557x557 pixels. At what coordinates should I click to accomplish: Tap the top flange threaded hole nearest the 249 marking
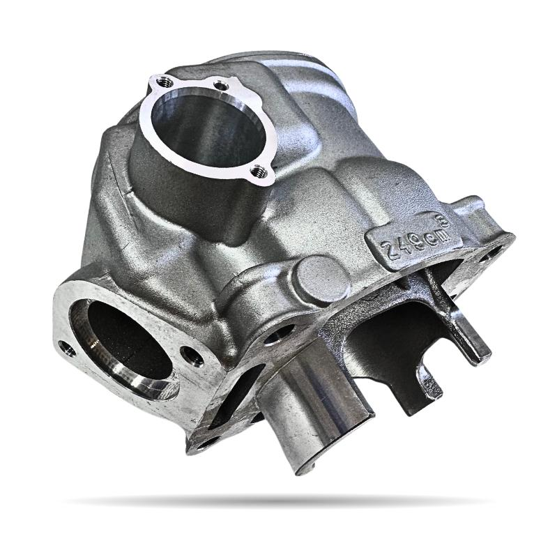point(257,168)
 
